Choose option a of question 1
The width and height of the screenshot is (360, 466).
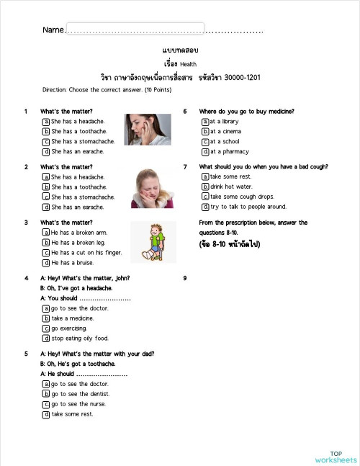click(46, 122)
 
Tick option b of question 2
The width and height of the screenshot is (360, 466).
click(46, 187)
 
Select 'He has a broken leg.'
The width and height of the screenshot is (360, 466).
click(46, 243)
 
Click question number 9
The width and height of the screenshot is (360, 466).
click(185, 278)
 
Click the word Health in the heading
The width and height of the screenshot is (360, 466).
click(189, 63)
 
